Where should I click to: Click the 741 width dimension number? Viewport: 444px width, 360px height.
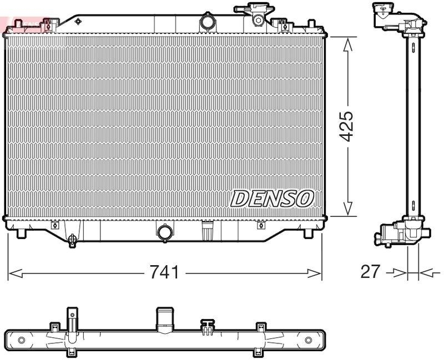164,272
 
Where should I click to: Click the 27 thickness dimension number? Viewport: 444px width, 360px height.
371,271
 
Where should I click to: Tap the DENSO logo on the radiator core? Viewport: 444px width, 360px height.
272,198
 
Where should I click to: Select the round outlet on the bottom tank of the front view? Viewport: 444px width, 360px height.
165,232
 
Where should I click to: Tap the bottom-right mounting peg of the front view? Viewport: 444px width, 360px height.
309,234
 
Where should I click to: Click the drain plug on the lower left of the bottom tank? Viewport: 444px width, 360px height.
72,240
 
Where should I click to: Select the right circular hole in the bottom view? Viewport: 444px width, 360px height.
309,339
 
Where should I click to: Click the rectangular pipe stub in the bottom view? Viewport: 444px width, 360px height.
165,319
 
